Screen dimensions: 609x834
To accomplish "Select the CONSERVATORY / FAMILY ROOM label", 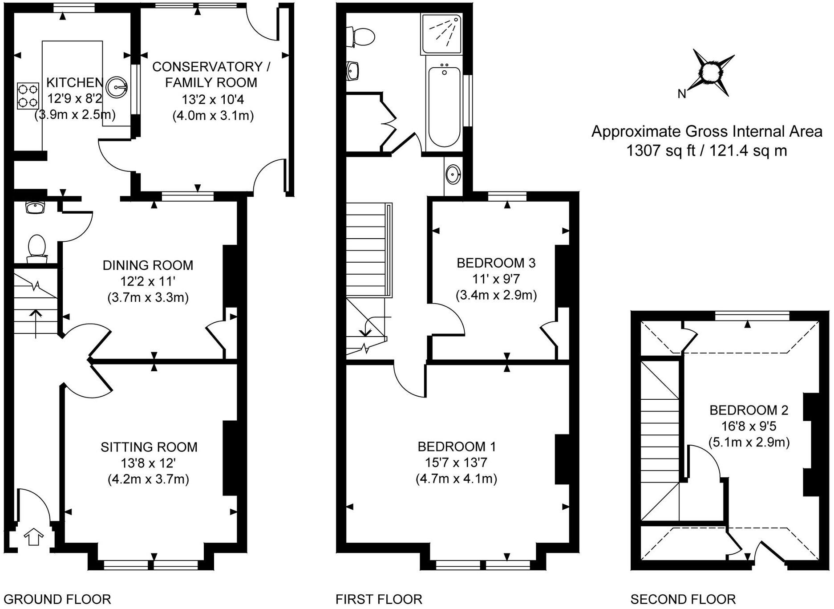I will (211, 74).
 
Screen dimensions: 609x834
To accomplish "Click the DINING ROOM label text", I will (148, 265).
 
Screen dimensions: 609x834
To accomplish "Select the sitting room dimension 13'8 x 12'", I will (148, 463).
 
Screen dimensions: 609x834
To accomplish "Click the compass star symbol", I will (712, 71).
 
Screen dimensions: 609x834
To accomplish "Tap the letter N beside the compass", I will (682, 94).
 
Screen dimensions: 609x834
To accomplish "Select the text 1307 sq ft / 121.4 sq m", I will (706, 151).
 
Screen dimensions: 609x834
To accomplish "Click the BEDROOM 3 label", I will (496, 263).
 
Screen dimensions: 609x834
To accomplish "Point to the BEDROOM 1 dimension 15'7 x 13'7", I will (456, 463).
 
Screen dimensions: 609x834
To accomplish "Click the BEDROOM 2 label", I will (749, 410).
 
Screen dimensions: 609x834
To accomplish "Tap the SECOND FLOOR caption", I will (683, 599).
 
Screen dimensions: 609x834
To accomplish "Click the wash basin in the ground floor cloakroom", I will (35, 207).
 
